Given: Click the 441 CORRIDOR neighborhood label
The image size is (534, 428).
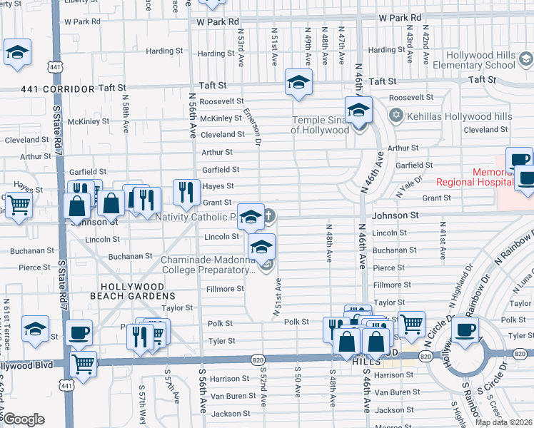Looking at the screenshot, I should [x=48, y=89].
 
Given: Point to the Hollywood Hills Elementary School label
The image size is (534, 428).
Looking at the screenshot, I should [x=480, y=60].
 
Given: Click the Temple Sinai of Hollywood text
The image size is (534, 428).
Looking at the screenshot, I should [x=320, y=125].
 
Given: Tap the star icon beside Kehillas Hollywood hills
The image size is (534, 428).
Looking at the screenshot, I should [x=396, y=116].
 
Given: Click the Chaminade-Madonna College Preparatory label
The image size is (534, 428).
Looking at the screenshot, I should [x=207, y=265].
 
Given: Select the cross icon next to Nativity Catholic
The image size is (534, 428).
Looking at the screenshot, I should [x=270, y=216].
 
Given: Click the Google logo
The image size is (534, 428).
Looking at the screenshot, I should [x=23, y=419].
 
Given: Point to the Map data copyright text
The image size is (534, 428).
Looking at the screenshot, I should [x=503, y=422].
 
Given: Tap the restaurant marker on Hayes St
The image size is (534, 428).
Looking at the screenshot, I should [x=186, y=191].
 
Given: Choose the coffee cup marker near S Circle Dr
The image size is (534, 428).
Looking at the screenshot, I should [x=465, y=329].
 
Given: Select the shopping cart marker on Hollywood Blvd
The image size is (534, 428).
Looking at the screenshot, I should [x=84, y=363].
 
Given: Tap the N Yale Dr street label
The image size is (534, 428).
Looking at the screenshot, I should [x=407, y=187].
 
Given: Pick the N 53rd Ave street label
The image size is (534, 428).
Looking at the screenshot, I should [x=241, y=45].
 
